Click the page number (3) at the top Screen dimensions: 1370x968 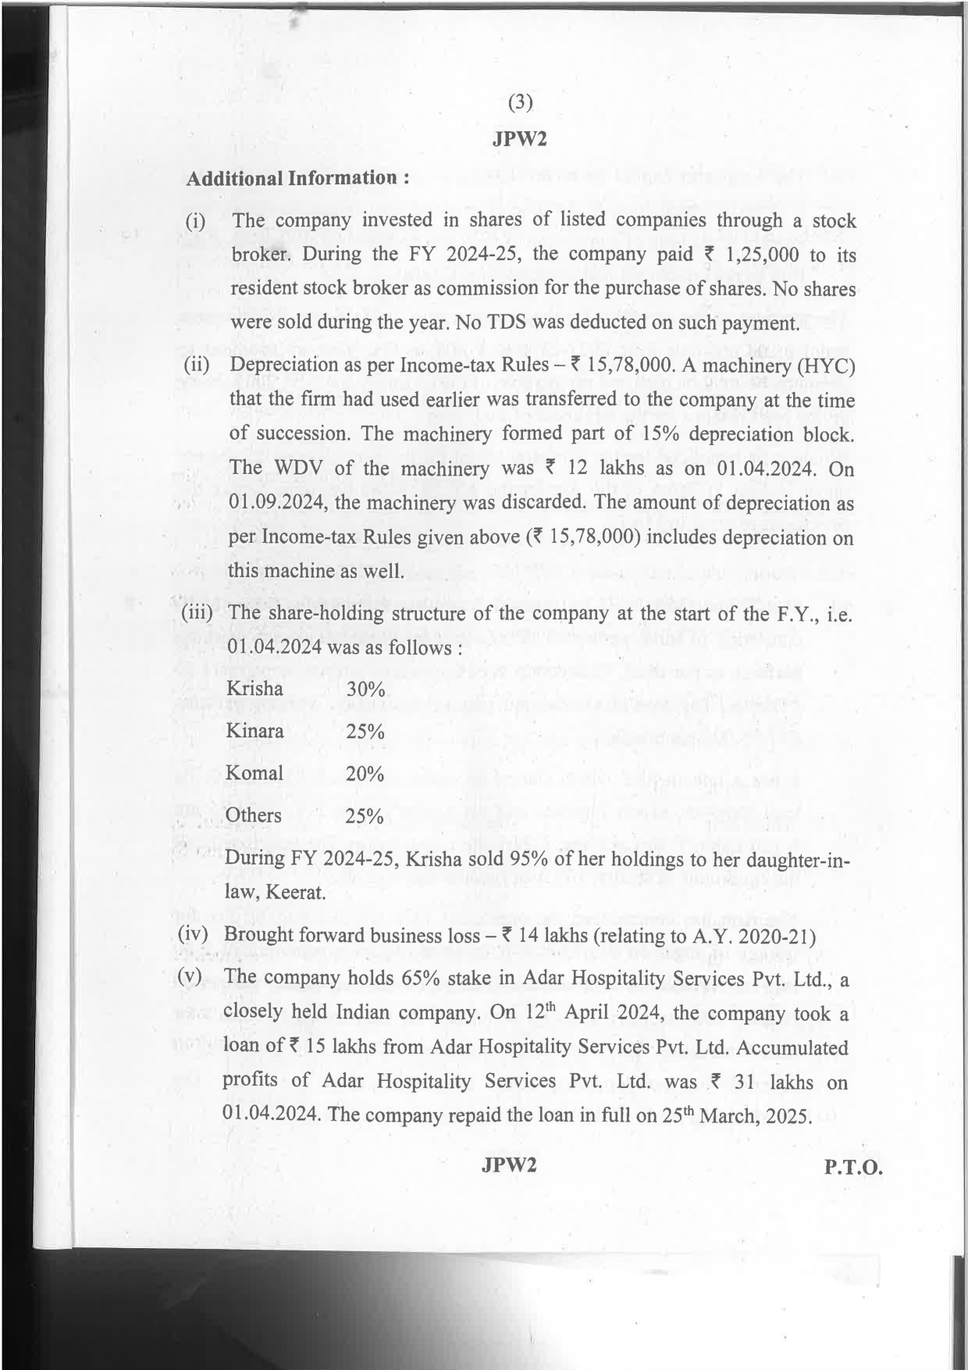tap(520, 102)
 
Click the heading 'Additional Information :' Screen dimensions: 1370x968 tap(297, 178)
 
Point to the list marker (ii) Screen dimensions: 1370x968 tap(196, 365)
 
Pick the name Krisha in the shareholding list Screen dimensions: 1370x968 tap(254, 688)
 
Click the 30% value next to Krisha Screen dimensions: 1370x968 tap(365, 690)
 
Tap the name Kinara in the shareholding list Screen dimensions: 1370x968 tap(254, 731)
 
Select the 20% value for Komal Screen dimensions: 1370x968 tap(365, 774)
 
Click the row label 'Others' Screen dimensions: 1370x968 tap(253, 815)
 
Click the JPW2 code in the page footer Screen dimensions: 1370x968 tap(510, 1165)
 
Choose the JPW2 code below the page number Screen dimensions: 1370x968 tap(519, 139)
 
